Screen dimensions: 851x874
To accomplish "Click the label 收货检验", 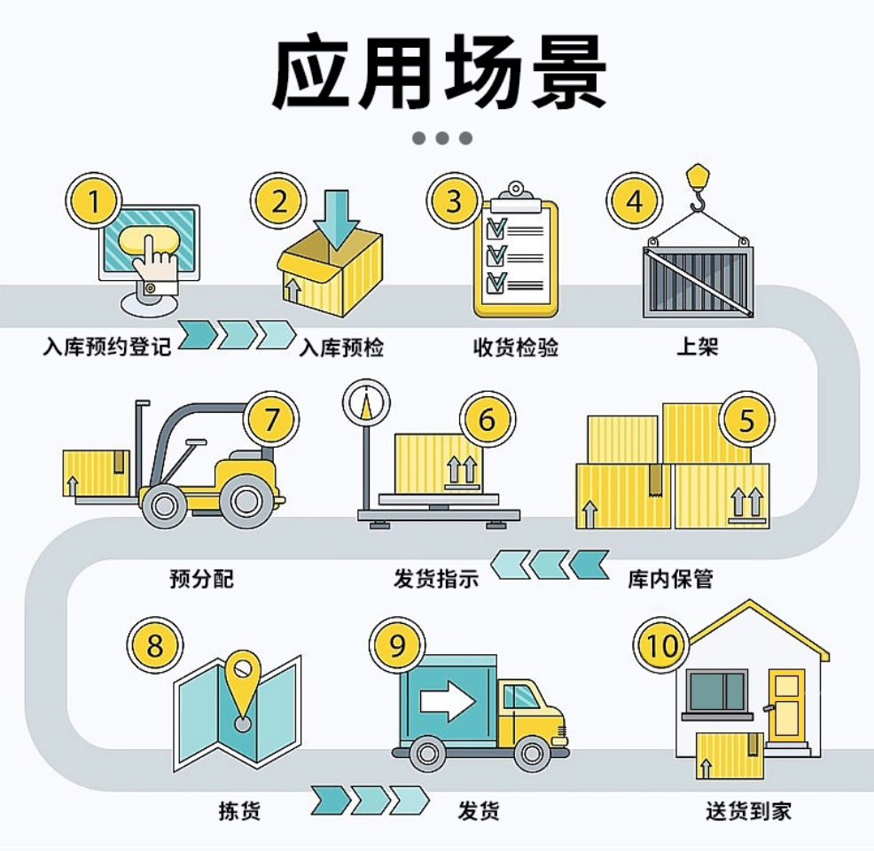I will (516, 347).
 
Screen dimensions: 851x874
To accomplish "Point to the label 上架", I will (697, 347).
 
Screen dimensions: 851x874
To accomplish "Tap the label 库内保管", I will (670, 580).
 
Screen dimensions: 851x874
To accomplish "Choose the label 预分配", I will (201, 580).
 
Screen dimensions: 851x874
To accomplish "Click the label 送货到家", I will (748, 810).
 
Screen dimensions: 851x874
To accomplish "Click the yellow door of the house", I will (785, 704).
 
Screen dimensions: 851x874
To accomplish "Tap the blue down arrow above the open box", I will (339, 218).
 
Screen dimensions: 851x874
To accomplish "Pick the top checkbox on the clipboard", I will (496, 223).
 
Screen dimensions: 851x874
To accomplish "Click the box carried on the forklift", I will (96, 472).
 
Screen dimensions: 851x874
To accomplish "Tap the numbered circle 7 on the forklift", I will (274, 418).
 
